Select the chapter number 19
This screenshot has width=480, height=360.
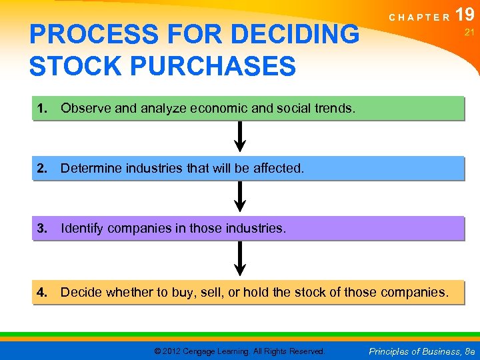[x=465, y=14]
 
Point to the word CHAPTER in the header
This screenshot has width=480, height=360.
[x=419, y=18]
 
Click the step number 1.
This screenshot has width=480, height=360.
[x=42, y=109]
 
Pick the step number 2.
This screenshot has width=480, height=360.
[x=42, y=169]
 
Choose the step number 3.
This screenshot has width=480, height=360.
[x=42, y=229]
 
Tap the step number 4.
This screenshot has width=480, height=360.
[x=42, y=292]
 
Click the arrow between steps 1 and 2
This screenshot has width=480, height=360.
[x=241, y=137]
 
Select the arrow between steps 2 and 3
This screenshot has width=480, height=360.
[x=241, y=197]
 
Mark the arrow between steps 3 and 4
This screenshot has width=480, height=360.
[x=241, y=259]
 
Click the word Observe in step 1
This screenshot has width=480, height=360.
[x=86, y=109]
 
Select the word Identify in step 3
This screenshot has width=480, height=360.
[x=82, y=229]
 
